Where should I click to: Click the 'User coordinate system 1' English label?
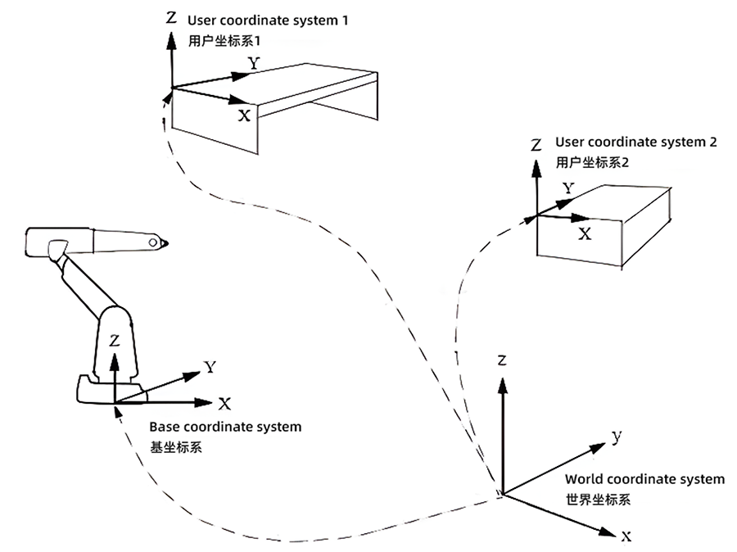(268, 20)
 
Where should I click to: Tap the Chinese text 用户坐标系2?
(592, 162)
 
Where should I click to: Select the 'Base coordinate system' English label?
(225, 427)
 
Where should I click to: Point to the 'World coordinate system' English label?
(644, 479)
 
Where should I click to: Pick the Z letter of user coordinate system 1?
(170, 16)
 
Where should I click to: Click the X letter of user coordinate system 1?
(244, 115)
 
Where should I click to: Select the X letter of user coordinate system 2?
(585, 233)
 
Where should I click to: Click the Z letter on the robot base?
(115, 338)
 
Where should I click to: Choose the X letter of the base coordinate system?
(224, 403)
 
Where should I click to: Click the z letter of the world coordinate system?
(504, 360)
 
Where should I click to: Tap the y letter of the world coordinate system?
(617, 436)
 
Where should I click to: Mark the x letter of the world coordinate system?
(626, 537)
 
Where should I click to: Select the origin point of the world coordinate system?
(502, 494)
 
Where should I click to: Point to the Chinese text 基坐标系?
(175, 447)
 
